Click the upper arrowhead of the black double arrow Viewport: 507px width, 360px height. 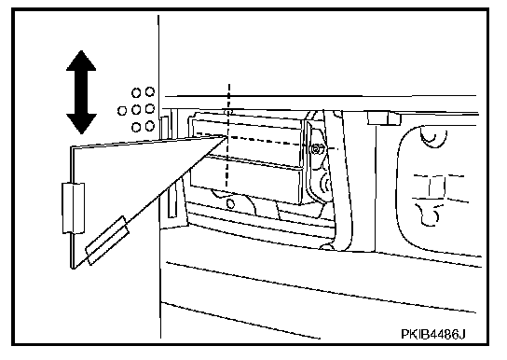(81, 61)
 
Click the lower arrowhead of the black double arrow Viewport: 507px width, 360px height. (81, 123)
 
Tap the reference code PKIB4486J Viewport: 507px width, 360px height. (433, 334)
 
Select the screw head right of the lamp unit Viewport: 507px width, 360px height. (315, 149)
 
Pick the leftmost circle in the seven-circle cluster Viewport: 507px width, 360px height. (122, 111)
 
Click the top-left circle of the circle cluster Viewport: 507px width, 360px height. (136, 93)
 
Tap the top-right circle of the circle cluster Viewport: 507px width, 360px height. (150, 91)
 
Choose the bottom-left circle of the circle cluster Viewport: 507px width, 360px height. (136, 127)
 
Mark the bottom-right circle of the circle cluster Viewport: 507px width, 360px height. (150, 126)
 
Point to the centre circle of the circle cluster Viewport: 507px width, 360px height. (136, 110)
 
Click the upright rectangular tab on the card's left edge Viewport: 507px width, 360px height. (74, 208)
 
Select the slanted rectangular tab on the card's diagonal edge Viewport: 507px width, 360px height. (107, 241)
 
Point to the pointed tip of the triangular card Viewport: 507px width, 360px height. (226, 136)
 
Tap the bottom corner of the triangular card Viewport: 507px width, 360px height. (73, 268)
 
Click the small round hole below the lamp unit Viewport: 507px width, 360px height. (230, 204)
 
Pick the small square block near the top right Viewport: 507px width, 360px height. (384, 118)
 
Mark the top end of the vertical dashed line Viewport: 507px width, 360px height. (229, 85)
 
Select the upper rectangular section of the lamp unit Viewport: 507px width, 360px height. (247, 137)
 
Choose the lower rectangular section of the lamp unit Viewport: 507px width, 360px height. (246, 179)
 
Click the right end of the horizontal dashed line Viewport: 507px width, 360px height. (337, 149)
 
